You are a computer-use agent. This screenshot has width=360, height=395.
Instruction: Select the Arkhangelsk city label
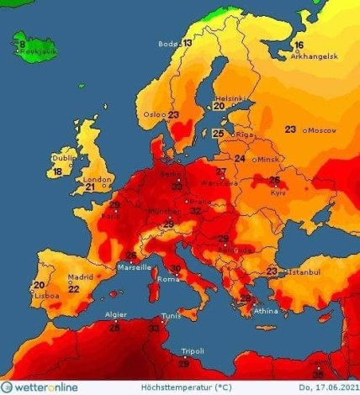tap(314, 56)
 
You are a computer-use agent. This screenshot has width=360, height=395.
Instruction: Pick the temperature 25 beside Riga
tap(218, 133)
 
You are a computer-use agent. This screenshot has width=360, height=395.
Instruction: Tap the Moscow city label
tap(323, 130)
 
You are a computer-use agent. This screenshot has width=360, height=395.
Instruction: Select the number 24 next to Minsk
tap(240, 158)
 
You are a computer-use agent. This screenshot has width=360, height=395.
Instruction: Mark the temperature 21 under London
tap(90, 187)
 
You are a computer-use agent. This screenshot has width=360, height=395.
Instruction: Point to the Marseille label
tap(135, 266)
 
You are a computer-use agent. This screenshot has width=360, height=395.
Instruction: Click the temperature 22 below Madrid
tap(74, 288)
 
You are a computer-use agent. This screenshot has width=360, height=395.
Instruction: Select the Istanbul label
tap(302, 272)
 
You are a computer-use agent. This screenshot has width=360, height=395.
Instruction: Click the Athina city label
tap(267, 312)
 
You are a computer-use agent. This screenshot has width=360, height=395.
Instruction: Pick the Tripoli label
tap(193, 351)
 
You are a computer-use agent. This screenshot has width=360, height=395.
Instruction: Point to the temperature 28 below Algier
tap(114, 326)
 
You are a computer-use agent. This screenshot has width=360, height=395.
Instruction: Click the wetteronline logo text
tap(44, 385)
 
